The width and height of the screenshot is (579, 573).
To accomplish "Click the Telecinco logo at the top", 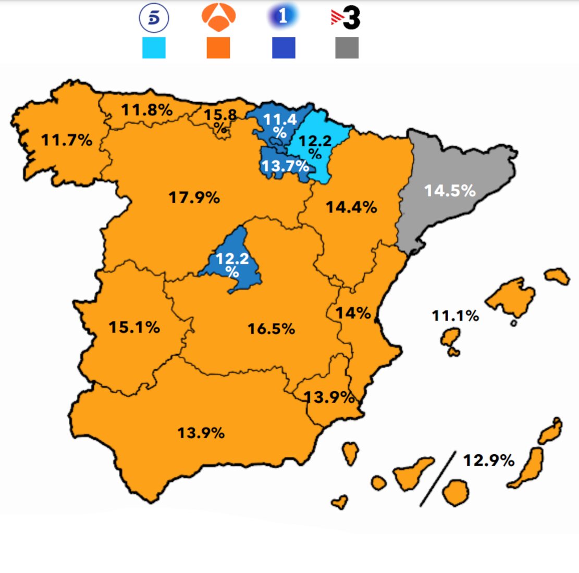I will point(154,18).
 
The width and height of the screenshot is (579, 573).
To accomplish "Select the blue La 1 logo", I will point(283,17).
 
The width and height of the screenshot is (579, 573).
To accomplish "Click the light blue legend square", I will point(154,47).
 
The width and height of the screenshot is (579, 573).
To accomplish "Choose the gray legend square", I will point(347,47).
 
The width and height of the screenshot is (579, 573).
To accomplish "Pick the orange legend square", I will point(218,47).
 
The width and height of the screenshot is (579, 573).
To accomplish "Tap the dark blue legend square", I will point(284,47).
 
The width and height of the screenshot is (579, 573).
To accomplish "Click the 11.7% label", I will point(67,140).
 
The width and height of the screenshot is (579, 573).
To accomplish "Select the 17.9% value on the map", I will point(194,198).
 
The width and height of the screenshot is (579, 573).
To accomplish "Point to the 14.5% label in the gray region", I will point(450,191).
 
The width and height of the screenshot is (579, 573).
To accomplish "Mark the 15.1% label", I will point(134,327).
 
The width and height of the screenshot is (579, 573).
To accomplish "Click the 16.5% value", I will point(271,329).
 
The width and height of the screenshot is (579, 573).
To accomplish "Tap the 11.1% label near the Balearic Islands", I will point(455,316).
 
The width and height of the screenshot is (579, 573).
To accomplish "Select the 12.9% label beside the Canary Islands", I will point(488,460).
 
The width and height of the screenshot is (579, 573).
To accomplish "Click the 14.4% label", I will point(351,207).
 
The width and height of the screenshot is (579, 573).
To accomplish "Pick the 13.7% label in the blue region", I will point(285,167).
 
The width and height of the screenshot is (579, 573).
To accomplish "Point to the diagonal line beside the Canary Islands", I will point(438,478).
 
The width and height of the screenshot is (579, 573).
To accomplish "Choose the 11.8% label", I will point(147,110).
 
